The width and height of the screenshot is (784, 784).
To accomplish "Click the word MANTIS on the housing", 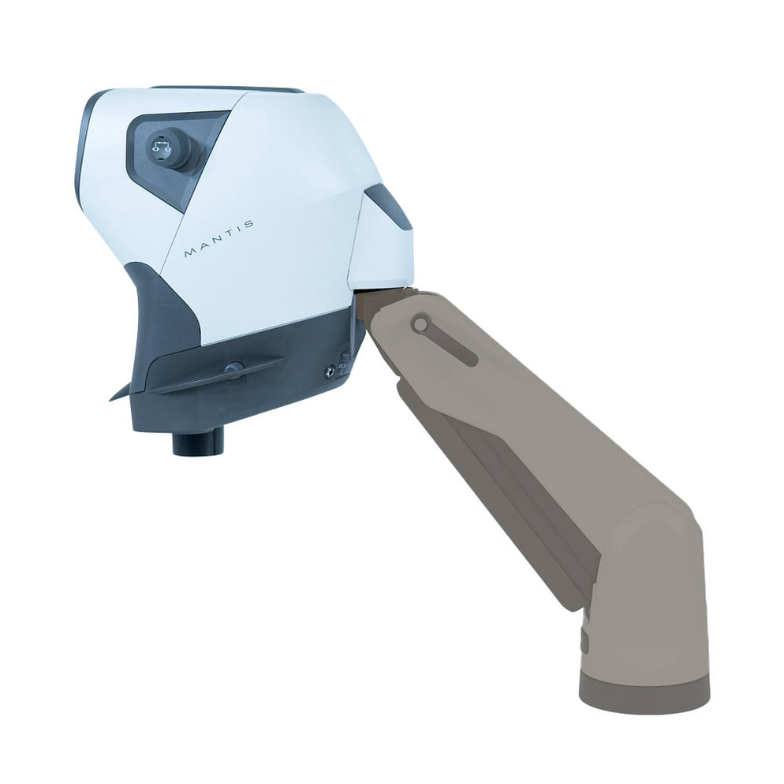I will (218, 238).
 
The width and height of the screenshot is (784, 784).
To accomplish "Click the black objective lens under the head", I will (198, 442).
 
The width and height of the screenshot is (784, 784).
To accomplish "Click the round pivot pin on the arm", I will (421, 324).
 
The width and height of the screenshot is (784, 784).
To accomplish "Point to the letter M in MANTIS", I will (189, 254).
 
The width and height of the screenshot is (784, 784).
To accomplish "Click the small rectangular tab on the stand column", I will (584, 640).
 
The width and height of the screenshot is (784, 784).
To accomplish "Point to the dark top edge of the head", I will (229, 89).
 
